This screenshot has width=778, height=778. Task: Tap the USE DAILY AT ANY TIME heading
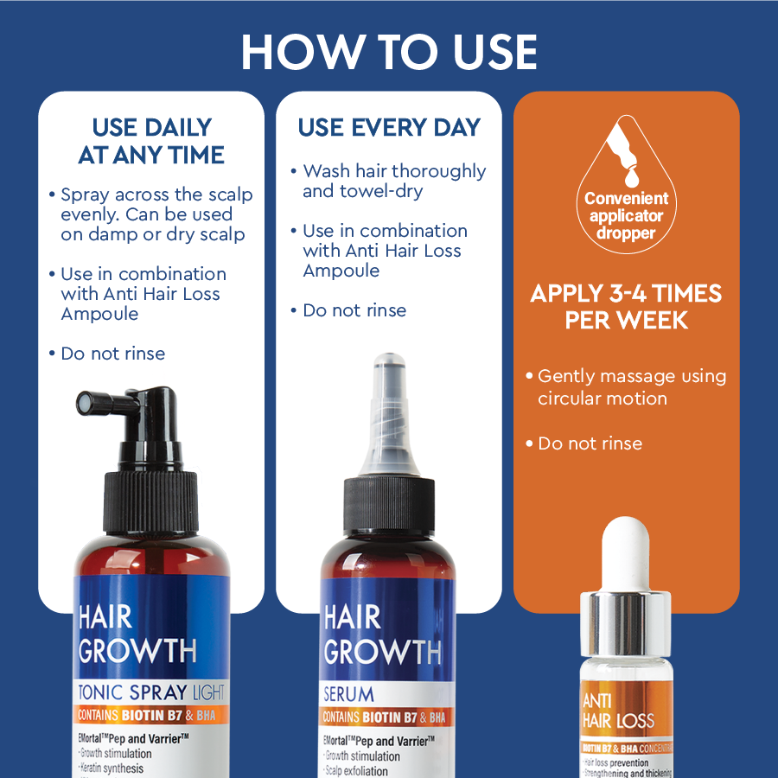pos(151,142)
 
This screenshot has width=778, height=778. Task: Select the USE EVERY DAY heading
pos(389,127)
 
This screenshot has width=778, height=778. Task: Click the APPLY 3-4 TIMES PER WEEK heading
pos(627,306)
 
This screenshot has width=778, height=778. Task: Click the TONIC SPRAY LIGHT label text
pos(151,692)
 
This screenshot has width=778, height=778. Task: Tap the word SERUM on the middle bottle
pos(348,693)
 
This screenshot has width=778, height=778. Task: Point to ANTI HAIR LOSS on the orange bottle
pos(617,711)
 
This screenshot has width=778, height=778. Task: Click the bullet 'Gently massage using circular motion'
pos(631,387)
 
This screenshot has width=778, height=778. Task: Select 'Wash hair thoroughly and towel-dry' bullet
pos(393,181)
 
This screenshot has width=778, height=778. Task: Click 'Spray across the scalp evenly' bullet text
pos(156,214)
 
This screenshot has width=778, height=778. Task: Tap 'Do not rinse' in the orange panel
pos(590,443)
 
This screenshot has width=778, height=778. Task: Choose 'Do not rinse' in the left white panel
pos(112,354)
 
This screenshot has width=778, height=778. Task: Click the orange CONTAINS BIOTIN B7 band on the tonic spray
pos(151,716)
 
